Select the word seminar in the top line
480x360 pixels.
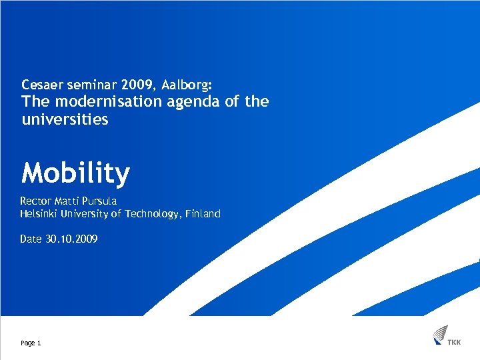click(91, 85)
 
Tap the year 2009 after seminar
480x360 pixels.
click(139, 85)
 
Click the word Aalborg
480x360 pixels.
click(187, 85)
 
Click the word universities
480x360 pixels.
click(65, 120)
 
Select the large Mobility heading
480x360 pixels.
click(75, 173)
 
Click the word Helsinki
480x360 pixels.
click(39, 214)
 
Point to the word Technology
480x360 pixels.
click(147, 214)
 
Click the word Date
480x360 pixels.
click(31, 239)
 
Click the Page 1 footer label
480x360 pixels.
click(31, 343)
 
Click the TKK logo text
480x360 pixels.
click(454, 343)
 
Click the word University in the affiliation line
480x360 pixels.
click(84, 214)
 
